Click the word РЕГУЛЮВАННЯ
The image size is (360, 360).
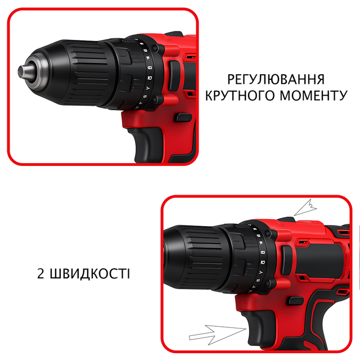click(x=276, y=79)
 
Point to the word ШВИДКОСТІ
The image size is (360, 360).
click(x=90, y=273)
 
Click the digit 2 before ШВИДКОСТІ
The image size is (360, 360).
click(x=40, y=274)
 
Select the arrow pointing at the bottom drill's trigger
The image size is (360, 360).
click(x=217, y=334)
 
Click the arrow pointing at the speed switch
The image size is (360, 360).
click(x=305, y=208)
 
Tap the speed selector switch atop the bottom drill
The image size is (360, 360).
click(x=286, y=219)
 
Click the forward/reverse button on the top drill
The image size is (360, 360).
click(x=183, y=118)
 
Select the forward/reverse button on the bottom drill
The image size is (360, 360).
click(x=296, y=301)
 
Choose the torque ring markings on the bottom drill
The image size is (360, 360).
click(x=259, y=258)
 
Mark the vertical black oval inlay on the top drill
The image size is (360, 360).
click(x=174, y=76)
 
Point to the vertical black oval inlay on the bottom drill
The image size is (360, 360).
click(x=287, y=260)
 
